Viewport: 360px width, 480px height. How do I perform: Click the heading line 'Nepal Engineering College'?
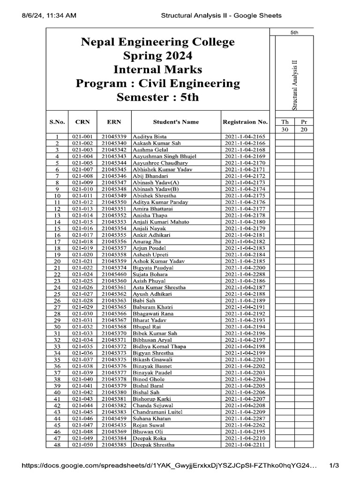pos(157,42)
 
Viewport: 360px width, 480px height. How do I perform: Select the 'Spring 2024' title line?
pos(157,56)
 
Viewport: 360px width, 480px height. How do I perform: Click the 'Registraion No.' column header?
pos(245,122)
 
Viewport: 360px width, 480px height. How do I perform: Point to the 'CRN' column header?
pos(82,122)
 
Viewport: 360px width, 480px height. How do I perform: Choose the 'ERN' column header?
pos(114,122)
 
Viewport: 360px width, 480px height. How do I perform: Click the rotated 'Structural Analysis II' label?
pos(294,85)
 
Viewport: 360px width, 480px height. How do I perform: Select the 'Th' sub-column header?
pos(285,121)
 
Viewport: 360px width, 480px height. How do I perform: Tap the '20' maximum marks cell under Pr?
pos(304,129)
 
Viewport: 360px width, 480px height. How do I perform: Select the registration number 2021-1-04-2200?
pos(245,268)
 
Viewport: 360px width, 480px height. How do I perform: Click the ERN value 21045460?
pos(114,274)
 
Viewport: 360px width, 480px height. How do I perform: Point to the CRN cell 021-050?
pos(82,444)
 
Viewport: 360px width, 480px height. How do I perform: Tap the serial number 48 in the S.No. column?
pos(57,445)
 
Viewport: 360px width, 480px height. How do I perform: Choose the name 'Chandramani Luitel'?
pos(157,412)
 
